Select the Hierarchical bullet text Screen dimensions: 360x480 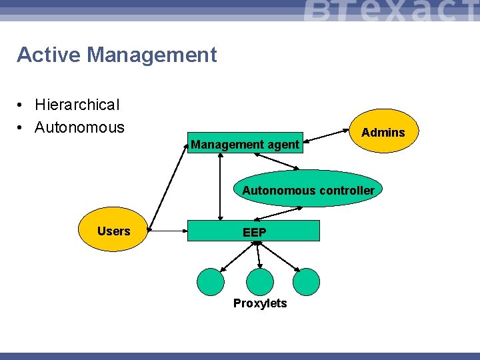[77, 105]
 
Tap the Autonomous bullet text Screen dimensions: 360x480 [79, 127]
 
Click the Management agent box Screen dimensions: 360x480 [245, 143]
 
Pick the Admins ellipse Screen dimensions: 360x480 [383, 133]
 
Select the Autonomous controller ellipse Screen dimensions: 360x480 [309, 190]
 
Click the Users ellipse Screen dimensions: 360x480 [113, 231]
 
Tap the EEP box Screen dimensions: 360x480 [254, 231]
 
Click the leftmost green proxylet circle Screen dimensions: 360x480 [211, 281]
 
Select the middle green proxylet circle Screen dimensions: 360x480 [260, 281]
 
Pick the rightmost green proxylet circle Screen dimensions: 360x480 [307, 281]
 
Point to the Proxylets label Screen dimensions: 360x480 [260, 303]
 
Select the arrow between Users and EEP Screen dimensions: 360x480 [167, 231]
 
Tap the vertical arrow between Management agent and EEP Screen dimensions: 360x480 [220, 187]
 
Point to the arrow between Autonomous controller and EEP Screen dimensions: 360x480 [279, 213]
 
